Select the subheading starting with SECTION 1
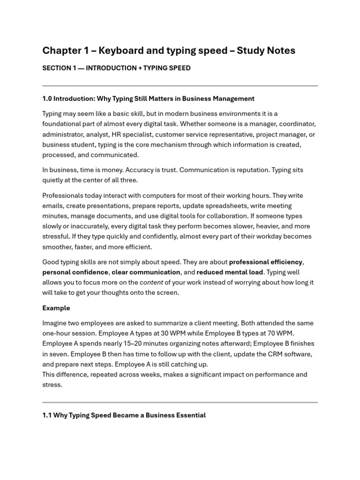(116, 68)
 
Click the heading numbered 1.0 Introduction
(148, 98)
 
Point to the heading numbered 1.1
(124, 415)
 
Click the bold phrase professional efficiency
(266, 262)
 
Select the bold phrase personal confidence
(75, 272)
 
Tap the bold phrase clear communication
(146, 272)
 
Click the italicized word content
(151, 283)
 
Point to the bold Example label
(56, 308)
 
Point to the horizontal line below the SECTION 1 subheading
(180, 86)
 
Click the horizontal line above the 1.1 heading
(180, 402)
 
